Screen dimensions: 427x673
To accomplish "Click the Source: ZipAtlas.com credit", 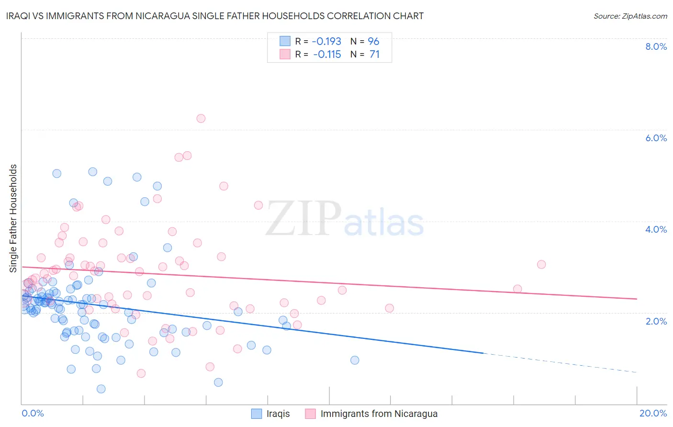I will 630,16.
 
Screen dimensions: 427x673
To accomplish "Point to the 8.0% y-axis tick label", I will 656,46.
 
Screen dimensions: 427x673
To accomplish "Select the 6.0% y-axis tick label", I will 656,138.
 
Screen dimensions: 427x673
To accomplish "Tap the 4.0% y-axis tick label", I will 656,229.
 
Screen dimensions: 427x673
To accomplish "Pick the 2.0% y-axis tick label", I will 656,321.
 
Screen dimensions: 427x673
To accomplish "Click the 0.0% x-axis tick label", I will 33,413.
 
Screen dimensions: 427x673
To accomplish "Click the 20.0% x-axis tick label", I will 653,413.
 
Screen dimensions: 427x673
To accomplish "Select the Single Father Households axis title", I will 13,218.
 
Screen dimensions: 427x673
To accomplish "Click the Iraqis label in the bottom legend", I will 278,414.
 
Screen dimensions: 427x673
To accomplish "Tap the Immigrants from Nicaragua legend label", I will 379,414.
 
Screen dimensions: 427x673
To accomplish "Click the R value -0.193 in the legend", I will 326,42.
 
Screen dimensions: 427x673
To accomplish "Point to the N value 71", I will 374,55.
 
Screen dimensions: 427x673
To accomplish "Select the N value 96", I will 373,42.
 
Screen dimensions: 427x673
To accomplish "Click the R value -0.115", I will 327,55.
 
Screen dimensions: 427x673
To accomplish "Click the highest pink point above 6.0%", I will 201,118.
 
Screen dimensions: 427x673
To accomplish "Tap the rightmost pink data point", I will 541,264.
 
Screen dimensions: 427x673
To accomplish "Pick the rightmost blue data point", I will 355,360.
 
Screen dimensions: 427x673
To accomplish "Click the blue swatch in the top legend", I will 285,42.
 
